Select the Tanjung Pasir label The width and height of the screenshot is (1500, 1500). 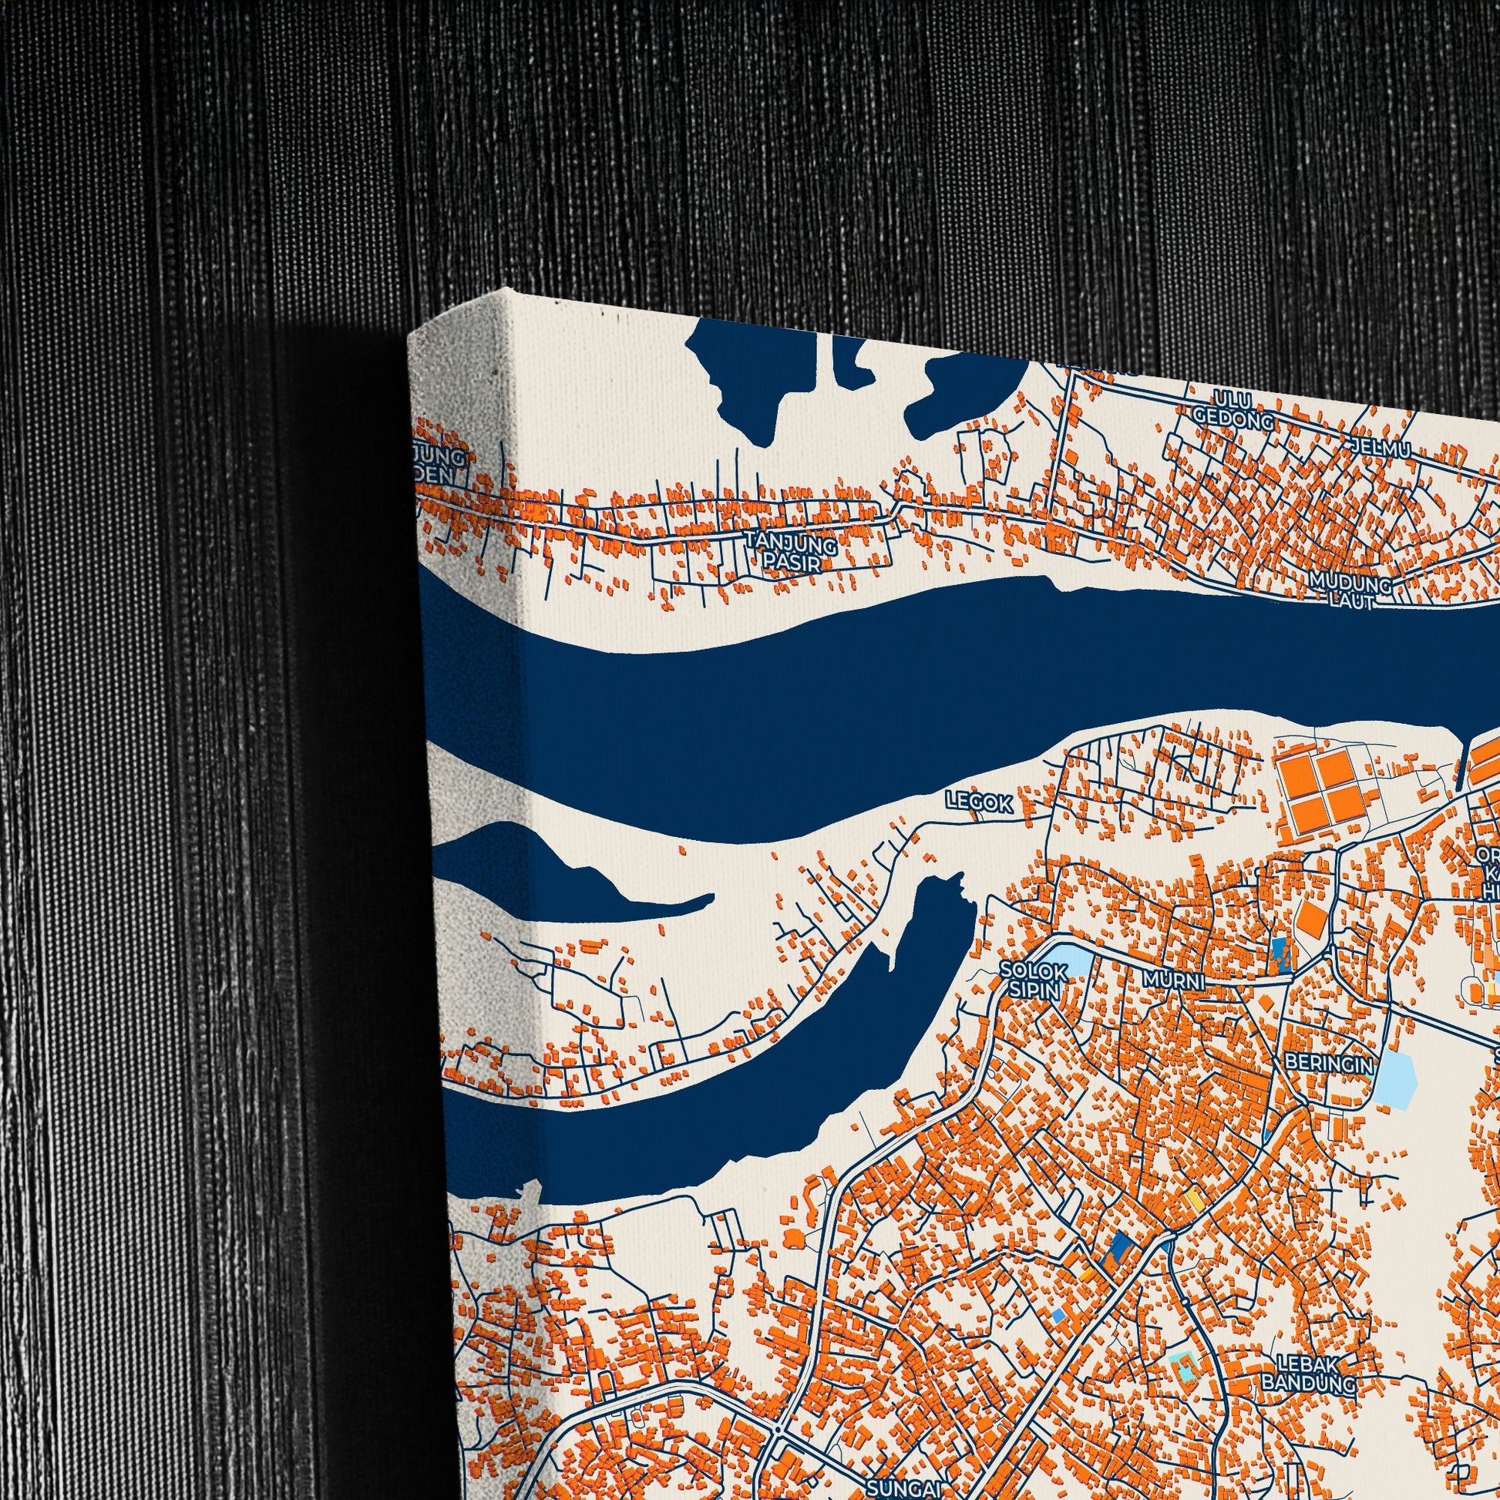point(790,550)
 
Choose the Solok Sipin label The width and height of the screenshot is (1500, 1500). point(1030,977)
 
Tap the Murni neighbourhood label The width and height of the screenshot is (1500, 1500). point(1174,980)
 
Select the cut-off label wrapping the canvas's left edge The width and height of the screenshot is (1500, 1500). point(442,463)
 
